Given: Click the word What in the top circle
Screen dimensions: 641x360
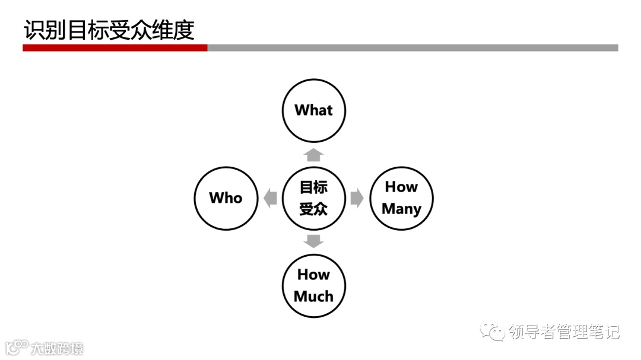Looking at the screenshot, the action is tap(313, 110).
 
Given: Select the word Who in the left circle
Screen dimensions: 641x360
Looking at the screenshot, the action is tap(226, 197).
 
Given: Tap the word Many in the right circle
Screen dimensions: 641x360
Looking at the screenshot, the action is tap(401, 209).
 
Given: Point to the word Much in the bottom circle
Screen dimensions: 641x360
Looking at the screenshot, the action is tap(313, 296).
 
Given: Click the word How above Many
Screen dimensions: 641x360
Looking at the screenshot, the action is tap(401, 187).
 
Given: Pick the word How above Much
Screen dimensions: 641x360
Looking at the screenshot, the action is tap(313, 275).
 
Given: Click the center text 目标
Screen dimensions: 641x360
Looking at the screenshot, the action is tap(313, 187).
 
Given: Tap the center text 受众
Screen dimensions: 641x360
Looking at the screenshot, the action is tap(313, 209).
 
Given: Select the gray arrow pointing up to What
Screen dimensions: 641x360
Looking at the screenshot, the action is tap(313, 155).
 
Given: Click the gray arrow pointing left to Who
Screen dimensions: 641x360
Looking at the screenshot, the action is tap(271, 198).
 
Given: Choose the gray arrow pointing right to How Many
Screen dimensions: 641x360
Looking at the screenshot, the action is tap(357, 198).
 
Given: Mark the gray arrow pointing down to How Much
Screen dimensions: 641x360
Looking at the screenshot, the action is tap(313, 241).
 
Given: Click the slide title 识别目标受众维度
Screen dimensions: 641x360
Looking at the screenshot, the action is tap(109, 30).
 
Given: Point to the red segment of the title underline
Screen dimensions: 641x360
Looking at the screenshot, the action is tap(115, 47).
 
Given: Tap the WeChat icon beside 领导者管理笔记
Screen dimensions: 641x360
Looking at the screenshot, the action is tap(493, 331).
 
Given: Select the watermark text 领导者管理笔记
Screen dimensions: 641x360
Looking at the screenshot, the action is tap(564, 332).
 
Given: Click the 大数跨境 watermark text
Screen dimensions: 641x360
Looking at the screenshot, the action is tap(57, 348).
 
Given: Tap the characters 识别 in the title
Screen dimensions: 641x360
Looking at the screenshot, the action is tap(45, 30).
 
